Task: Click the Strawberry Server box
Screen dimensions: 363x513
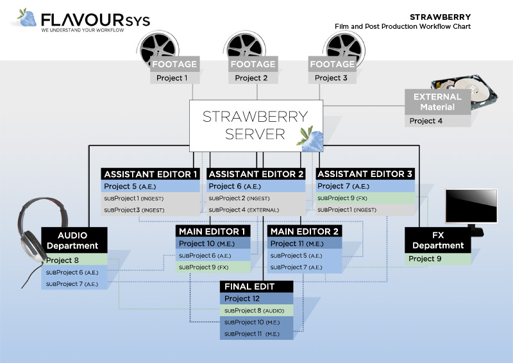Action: [x=255, y=125]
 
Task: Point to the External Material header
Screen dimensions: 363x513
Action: [x=437, y=102]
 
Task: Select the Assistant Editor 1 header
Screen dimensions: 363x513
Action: [x=150, y=174]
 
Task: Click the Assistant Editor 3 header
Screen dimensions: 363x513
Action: [x=365, y=174]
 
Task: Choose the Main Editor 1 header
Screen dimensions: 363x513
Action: [x=212, y=232]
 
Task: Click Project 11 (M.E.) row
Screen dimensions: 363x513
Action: [x=305, y=244]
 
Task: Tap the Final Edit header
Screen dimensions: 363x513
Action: [x=256, y=286]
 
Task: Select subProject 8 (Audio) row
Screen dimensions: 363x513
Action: [x=256, y=310]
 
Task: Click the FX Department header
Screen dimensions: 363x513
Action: [x=438, y=241]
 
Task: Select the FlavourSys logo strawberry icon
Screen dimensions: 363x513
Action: [x=28, y=18]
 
